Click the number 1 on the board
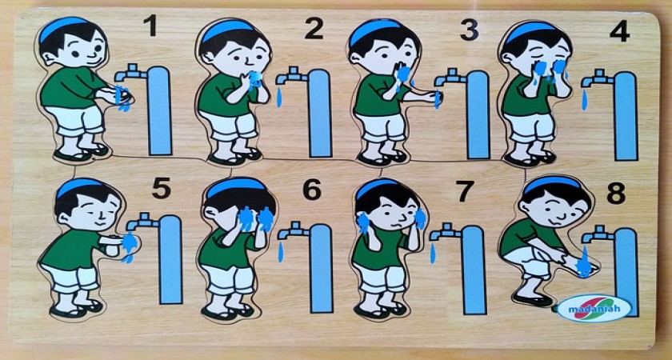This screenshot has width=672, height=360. pos(150,26)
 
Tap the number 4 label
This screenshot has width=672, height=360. pos(620,30)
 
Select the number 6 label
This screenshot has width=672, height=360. pos(311,189)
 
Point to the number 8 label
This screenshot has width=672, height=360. pos(616,193)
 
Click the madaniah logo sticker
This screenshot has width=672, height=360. pos(594,308)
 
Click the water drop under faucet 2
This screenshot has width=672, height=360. pos(279,98)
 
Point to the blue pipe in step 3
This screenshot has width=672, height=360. pos(478,115)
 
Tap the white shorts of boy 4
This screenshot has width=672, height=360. pos(530,128)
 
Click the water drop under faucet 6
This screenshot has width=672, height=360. pos(281,251)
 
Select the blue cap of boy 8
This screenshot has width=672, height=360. pos(551,183)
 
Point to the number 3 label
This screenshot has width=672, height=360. pos(470,30)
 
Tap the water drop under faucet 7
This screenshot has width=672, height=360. pos(433,253)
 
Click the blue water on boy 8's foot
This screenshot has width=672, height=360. pos(584,263)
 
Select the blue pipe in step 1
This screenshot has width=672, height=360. pos(160,110)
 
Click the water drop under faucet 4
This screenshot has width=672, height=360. pos(585,99)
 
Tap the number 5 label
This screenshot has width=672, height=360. pos(161,188)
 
